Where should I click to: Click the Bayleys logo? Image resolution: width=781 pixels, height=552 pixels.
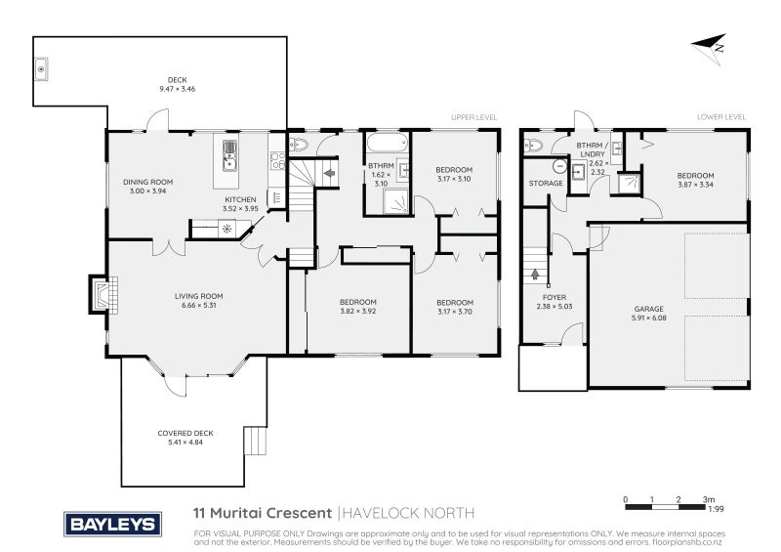(112, 524)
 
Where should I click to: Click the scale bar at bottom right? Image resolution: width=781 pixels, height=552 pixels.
(665, 507)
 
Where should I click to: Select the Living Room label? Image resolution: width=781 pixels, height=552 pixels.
(199, 296)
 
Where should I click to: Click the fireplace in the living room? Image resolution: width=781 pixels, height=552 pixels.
(103, 295)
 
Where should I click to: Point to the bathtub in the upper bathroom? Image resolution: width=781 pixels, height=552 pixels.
(388, 143)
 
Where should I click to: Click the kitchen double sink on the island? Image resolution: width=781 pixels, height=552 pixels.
(229, 155)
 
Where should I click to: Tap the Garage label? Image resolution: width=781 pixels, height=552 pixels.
(648, 309)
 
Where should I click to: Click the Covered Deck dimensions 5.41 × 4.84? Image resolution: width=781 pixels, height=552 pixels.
(185, 443)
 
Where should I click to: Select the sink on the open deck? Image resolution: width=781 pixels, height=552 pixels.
(41, 69)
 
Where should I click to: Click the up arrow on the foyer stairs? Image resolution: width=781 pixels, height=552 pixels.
(535, 274)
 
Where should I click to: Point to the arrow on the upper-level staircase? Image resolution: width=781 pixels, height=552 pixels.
(329, 174)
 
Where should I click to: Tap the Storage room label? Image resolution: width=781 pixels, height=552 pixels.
(546, 184)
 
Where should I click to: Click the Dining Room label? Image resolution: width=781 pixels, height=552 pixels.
(148, 182)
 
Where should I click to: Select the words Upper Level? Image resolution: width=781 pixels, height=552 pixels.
(473, 117)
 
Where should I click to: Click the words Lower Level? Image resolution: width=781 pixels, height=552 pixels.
(721, 117)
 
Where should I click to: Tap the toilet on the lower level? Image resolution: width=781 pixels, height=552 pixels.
(532, 146)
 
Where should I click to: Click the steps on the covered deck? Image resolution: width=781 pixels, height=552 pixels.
(255, 441)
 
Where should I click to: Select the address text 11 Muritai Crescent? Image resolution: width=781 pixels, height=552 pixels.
(263, 513)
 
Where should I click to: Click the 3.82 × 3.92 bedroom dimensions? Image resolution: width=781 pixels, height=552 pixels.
(358, 311)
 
